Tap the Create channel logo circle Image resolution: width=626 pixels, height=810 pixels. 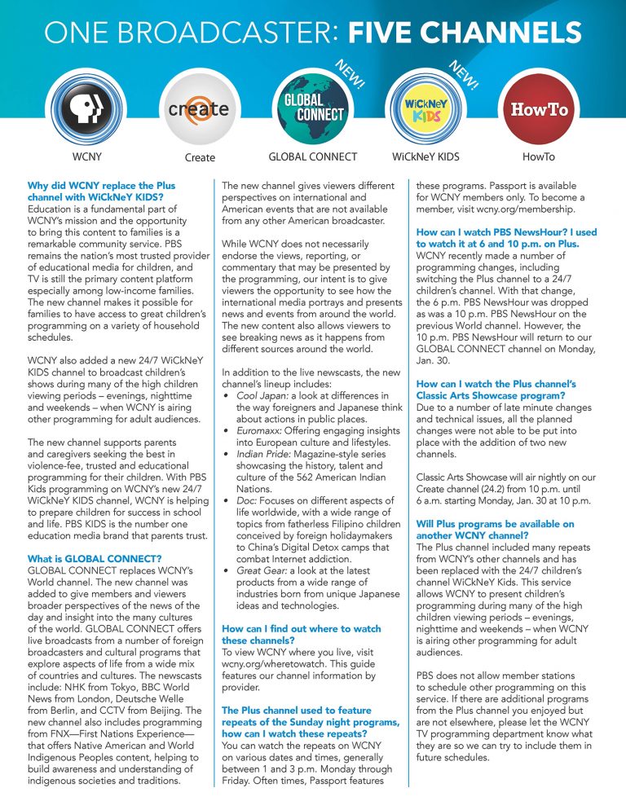click(198, 108)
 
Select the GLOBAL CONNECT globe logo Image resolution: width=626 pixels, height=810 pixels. click(312, 108)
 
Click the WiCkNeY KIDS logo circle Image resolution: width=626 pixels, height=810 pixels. click(425, 108)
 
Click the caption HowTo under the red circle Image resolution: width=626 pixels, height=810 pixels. click(538, 156)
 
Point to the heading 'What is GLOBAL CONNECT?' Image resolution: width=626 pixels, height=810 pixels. click(95, 535)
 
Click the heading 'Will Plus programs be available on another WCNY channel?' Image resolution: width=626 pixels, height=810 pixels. click(495, 530)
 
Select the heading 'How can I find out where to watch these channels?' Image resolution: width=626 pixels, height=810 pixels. click(302, 635)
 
